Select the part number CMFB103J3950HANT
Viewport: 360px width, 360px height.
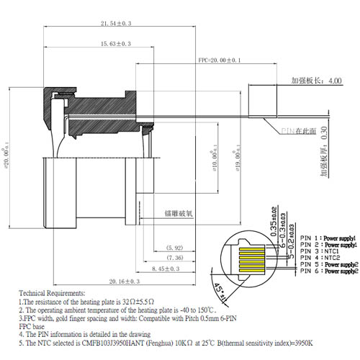(x=126, y=343)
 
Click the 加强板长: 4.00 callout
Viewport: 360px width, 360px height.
(x=316, y=81)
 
